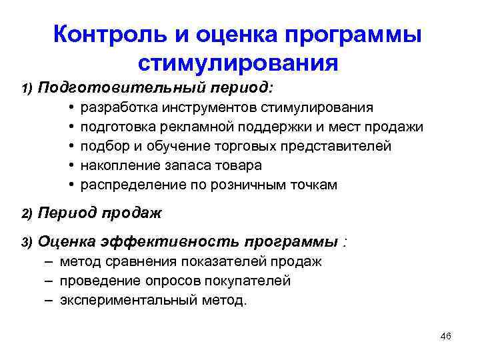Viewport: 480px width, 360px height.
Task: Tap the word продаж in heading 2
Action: coord(131,213)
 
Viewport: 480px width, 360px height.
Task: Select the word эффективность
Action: coord(172,241)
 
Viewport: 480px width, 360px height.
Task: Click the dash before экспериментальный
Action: coord(50,300)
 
